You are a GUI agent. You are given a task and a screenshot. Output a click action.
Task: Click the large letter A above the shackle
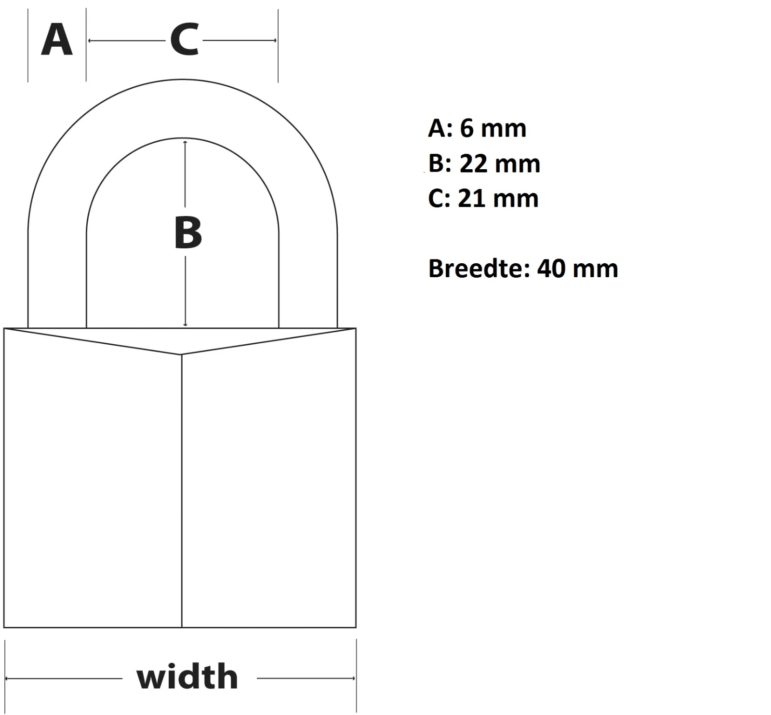[x=57, y=40]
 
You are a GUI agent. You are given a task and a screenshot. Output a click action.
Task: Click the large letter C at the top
[x=185, y=40]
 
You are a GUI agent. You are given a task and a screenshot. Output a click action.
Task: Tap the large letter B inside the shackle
[x=188, y=233]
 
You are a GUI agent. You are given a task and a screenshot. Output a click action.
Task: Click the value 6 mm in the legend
[x=493, y=128]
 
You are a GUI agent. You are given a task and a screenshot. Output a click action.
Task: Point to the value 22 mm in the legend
[x=500, y=164]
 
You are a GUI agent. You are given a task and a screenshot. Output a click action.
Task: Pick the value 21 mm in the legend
[x=498, y=199]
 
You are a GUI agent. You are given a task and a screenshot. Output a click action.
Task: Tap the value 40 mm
[x=578, y=269]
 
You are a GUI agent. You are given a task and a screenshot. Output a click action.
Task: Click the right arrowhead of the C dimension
[x=275, y=40]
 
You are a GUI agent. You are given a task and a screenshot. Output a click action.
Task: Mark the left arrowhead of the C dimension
[x=90, y=40]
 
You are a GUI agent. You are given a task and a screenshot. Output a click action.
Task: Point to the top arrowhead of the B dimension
[x=186, y=142]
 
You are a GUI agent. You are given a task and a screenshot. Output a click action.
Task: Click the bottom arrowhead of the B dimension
[x=186, y=325]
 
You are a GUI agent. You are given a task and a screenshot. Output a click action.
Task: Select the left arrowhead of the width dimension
[x=7, y=678]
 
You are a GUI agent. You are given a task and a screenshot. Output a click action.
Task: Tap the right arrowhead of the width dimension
[x=353, y=678]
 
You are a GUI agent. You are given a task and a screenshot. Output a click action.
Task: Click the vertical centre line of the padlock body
[x=182, y=491]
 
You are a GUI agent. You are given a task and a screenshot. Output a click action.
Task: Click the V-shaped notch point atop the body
[x=181, y=354]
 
